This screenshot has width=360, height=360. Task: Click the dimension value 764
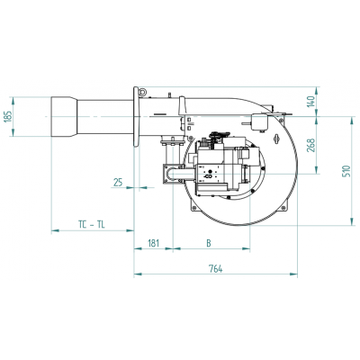point(216,269)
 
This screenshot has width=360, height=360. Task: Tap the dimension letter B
point(209,242)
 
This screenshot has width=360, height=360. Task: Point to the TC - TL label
point(89,222)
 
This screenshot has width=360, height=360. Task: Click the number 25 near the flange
point(118,183)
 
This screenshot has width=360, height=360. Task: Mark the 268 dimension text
point(311,144)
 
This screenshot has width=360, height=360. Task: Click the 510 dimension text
point(347,172)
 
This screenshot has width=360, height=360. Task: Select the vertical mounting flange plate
point(137,117)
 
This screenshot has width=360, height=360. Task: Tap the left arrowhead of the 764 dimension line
point(136,275)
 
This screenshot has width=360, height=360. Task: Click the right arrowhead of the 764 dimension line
point(295,275)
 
